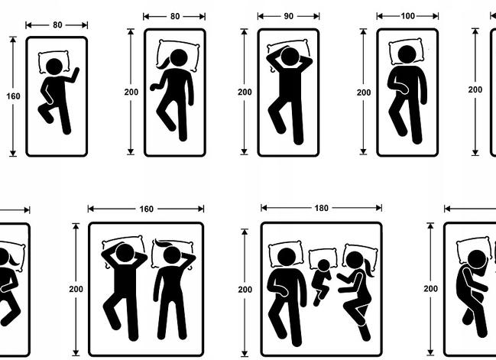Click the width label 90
click(x=288, y=16)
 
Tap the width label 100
click(x=408, y=16)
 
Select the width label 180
click(x=322, y=208)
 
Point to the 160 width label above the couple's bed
click(x=147, y=209)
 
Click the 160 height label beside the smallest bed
click(x=13, y=96)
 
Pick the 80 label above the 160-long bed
click(x=57, y=25)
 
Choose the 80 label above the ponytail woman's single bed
click(x=175, y=16)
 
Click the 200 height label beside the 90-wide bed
click(x=245, y=92)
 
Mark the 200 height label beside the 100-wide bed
click(x=364, y=92)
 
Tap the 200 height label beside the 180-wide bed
click(x=245, y=290)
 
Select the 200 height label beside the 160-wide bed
click(x=76, y=289)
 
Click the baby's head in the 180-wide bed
click(x=323, y=265)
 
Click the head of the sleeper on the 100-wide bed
click(x=407, y=54)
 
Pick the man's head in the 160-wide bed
click(x=125, y=253)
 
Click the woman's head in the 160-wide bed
click(x=172, y=255)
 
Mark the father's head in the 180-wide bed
click(x=287, y=257)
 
